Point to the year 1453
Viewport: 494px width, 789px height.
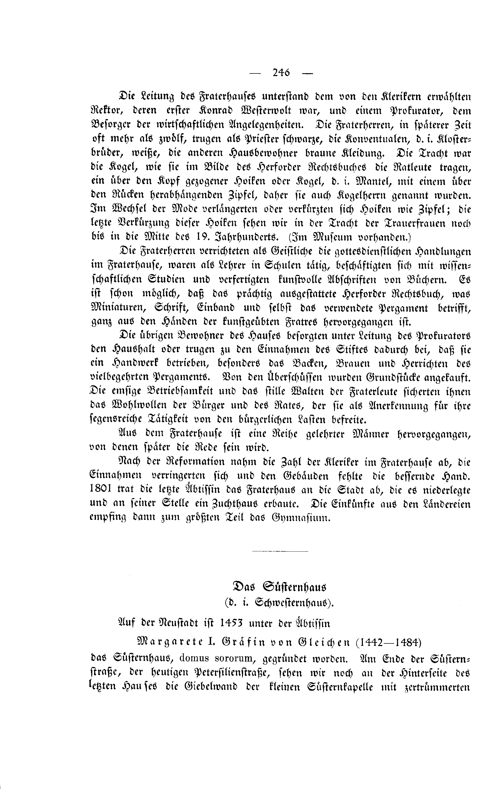point(231,623)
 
